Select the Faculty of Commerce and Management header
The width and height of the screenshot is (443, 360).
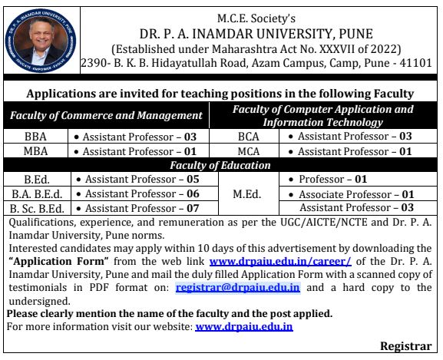pyautogui.click(x=105, y=115)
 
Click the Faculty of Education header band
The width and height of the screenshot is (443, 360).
pyautogui.click(x=220, y=165)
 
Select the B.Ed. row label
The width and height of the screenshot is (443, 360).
pyautogui.click(x=36, y=179)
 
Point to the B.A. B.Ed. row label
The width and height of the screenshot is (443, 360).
pyautogui.click(x=36, y=193)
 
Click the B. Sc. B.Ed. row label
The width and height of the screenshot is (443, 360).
pyautogui.click(x=36, y=208)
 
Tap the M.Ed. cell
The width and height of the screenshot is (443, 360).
pyautogui.click(x=249, y=193)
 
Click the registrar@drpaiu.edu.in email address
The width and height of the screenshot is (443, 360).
pyautogui.click(x=237, y=287)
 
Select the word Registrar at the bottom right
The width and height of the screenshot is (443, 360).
pyautogui.click(x=409, y=346)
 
